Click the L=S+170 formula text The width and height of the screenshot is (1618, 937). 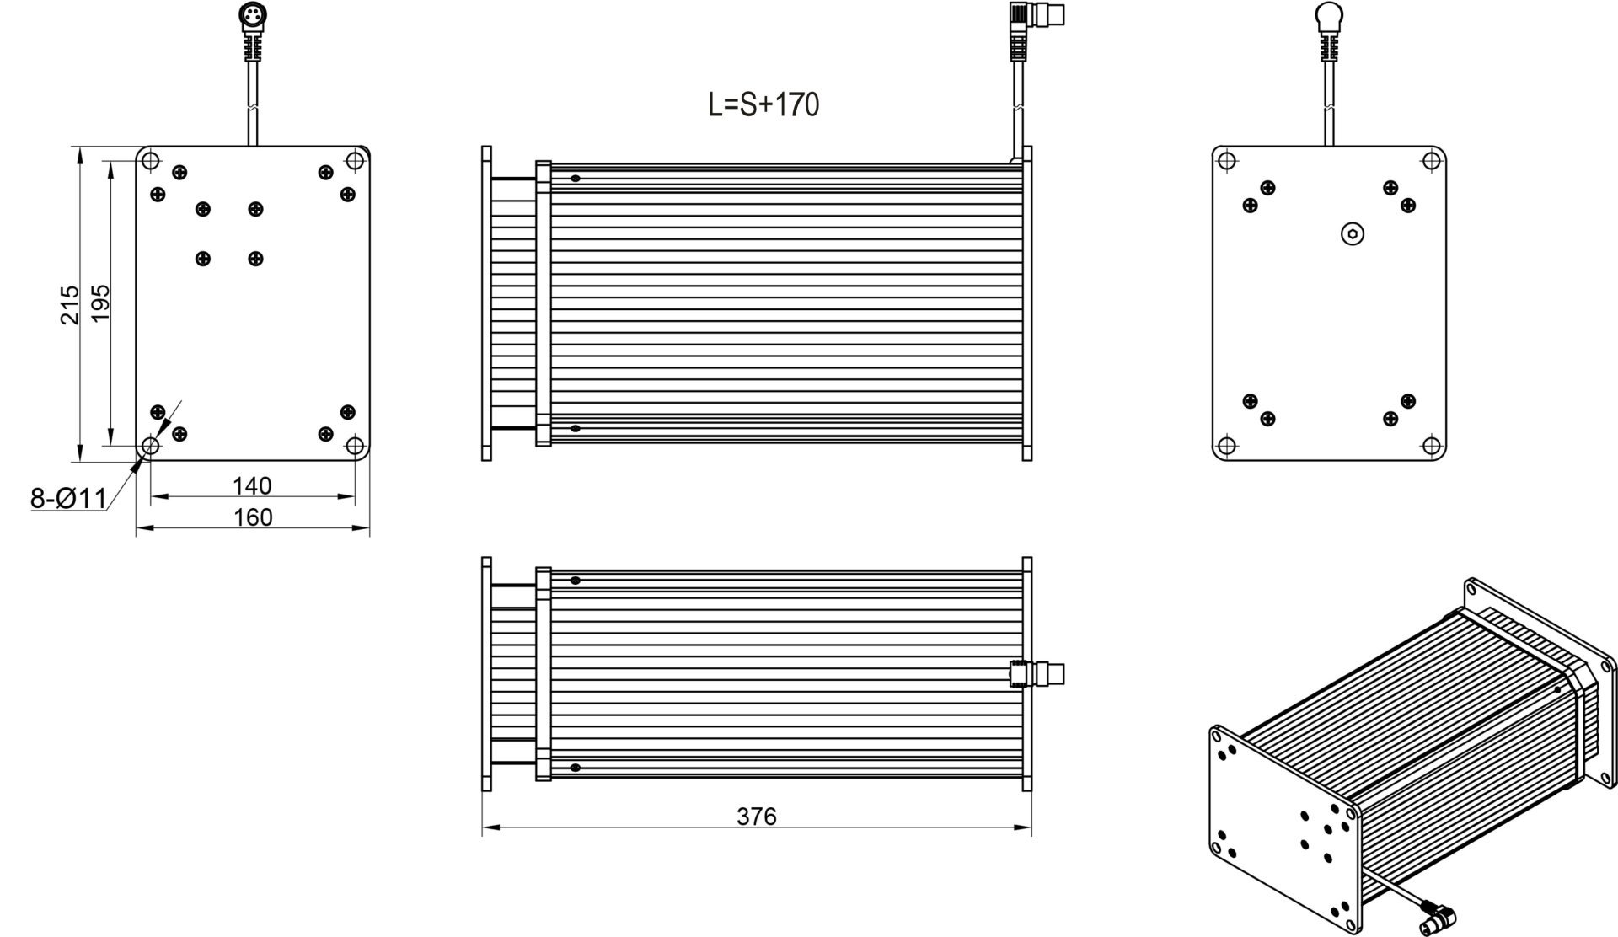click(x=763, y=105)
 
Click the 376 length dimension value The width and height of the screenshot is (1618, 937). click(x=757, y=817)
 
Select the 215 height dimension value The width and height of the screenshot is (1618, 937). click(x=70, y=304)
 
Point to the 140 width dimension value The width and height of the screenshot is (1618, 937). click(x=252, y=486)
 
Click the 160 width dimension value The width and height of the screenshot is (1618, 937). click(x=252, y=517)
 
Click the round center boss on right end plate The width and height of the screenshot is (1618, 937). click(x=1353, y=235)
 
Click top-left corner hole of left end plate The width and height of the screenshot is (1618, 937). click(x=150, y=161)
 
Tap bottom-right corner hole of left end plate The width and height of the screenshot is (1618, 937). click(x=355, y=445)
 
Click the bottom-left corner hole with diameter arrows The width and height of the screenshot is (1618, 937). click(x=150, y=445)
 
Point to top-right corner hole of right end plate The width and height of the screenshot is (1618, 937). click(x=1430, y=161)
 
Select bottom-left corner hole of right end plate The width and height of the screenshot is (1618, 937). click(x=1227, y=445)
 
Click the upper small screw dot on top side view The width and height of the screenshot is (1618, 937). click(x=575, y=179)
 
